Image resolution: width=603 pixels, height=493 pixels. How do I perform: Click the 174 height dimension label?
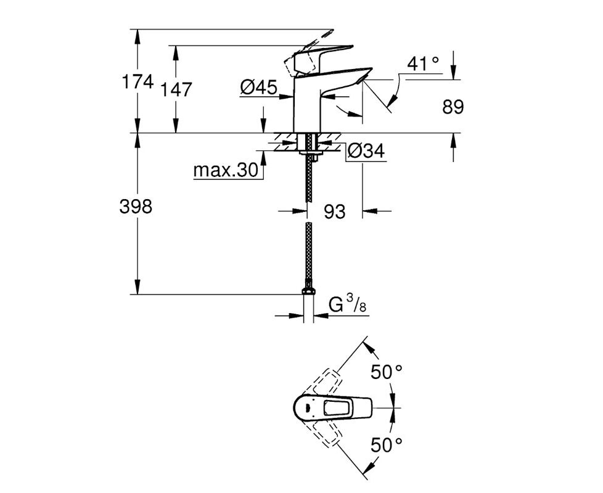[x=137, y=82]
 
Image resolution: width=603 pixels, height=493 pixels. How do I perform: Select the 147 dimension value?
[x=176, y=89]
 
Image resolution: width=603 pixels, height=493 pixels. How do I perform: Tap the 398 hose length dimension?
[x=136, y=206]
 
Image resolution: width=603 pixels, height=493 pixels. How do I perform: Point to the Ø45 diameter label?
[x=258, y=88]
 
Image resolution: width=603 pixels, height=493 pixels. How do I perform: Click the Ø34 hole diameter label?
[x=366, y=150]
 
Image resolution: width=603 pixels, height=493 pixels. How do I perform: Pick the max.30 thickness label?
[x=226, y=170]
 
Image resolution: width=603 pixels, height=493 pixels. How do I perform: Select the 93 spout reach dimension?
[x=335, y=211]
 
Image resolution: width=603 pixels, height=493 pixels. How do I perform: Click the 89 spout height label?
[x=453, y=107]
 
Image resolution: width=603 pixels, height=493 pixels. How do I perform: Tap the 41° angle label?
[x=423, y=63]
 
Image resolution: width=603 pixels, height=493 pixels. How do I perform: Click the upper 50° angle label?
[x=387, y=372]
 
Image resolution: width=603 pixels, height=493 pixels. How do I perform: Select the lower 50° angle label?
[x=387, y=445]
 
